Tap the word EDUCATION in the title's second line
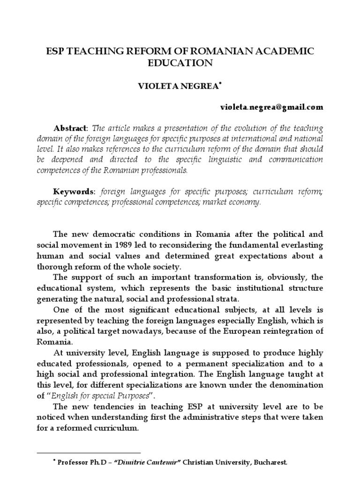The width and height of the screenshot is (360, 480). pyautogui.click(x=180, y=63)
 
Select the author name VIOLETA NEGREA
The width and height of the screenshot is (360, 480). pyautogui.click(x=178, y=86)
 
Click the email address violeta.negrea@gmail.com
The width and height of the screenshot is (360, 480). pyautogui.click(x=271, y=107)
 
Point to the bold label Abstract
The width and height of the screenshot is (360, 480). pyautogui.click(x=70, y=128)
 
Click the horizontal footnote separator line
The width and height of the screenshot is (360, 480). pyautogui.click(x=89, y=453)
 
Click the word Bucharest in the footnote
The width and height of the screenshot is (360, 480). pyautogui.click(x=270, y=462)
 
